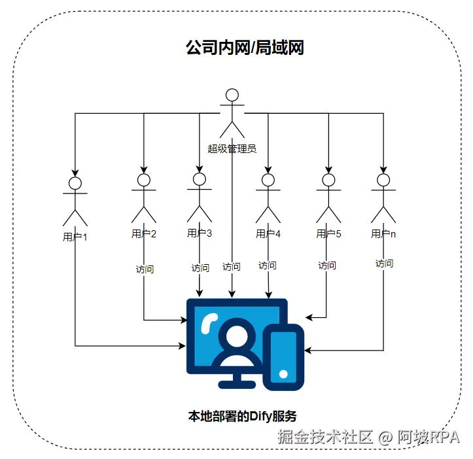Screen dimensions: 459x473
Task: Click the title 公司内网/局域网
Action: [x=245, y=48]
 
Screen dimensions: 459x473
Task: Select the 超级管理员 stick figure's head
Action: [x=232, y=95]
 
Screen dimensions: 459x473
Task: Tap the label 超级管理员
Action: [x=232, y=148]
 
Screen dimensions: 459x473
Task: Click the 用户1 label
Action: [x=75, y=237]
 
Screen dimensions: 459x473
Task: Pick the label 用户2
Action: [x=144, y=233]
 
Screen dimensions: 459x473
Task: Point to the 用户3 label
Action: [x=200, y=233]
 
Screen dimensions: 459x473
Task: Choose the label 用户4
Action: [x=268, y=233]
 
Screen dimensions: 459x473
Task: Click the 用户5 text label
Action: [x=328, y=233]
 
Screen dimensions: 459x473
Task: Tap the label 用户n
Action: [x=383, y=233]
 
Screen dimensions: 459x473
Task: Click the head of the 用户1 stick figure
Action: [x=75, y=182]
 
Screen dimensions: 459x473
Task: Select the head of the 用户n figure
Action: [x=383, y=179]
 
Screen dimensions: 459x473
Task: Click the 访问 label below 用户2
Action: [x=145, y=269]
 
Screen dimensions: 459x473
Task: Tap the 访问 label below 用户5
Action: [x=327, y=265]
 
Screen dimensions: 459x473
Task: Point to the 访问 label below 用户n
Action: [x=384, y=263]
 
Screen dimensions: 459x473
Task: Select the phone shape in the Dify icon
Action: [x=283, y=357]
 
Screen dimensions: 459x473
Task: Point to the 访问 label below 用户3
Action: [x=200, y=268]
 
